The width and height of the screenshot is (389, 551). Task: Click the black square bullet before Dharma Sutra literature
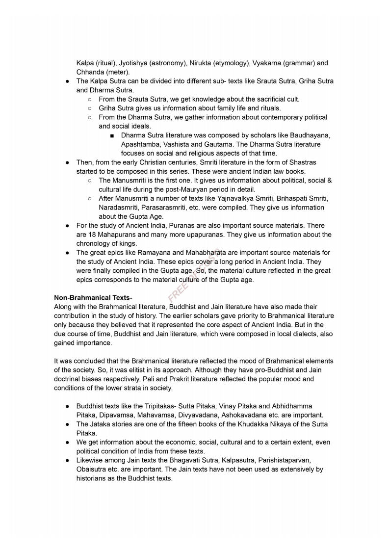112,135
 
